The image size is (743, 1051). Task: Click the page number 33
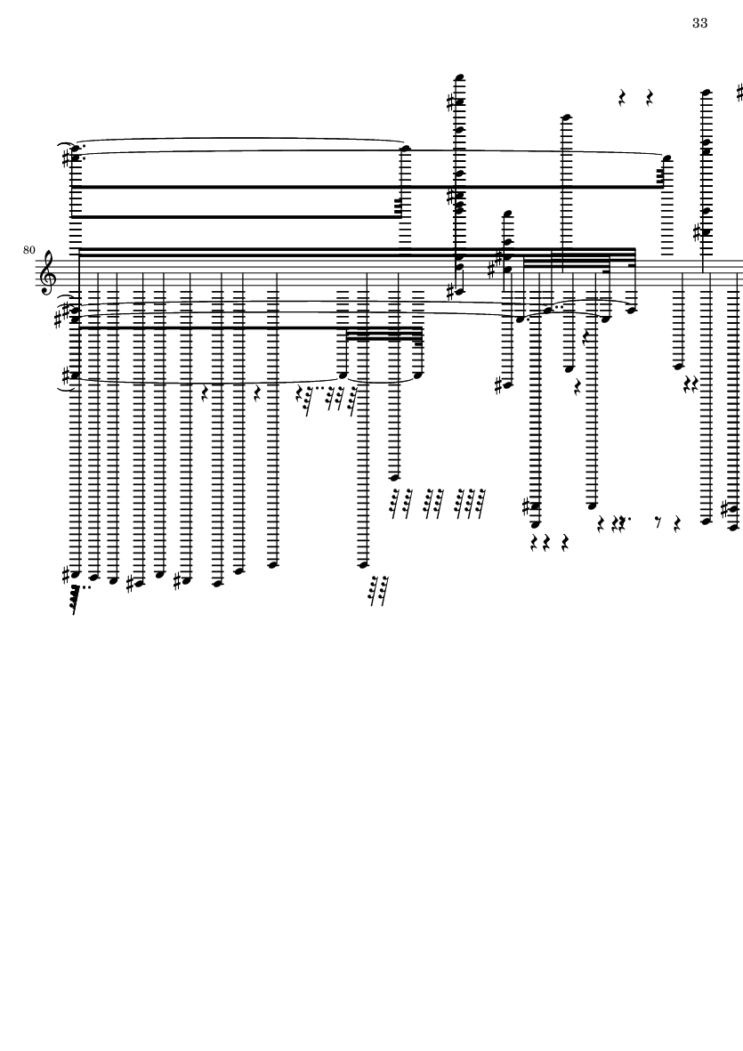point(699,23)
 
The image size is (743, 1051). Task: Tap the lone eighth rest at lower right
point(658,521)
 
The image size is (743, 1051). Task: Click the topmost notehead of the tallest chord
point(460,77)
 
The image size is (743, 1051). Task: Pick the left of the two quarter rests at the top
point(623,97)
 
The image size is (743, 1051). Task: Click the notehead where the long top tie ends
point(406,148)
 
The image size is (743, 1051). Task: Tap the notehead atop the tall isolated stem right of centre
point(565,116)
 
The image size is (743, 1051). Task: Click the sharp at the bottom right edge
point(727,509)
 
